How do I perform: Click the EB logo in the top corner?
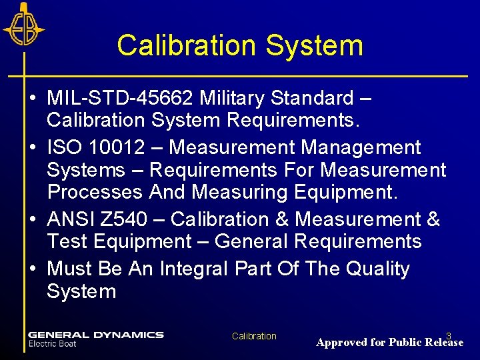(23, 25)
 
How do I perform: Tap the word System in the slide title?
(314, 46)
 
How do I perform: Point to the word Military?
(235, 99)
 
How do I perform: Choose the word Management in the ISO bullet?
(361, 147)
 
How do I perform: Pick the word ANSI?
(72, 219)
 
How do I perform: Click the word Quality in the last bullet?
(377, 269)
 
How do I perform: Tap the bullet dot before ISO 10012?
(33, 148)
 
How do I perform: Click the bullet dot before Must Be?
(33, 269)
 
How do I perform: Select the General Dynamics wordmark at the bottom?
(96, 335)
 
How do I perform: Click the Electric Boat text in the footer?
(53, 344)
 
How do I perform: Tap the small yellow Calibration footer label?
(254, 336)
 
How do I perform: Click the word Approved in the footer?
(341, 343)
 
